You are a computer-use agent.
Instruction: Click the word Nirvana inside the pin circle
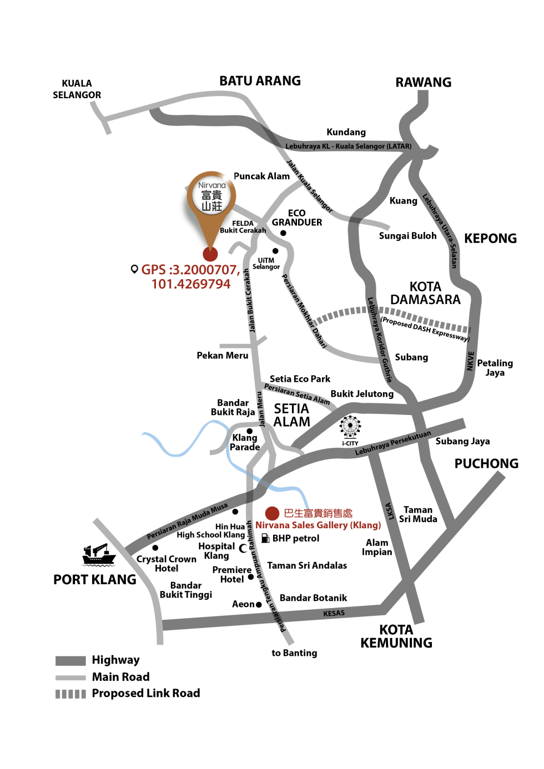click(211, 185)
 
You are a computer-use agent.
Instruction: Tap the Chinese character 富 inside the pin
click(206, 195)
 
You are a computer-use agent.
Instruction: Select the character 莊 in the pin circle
click(217, 206)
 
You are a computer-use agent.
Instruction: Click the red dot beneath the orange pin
click(210, 254)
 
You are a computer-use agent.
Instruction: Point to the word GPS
click(153, 270)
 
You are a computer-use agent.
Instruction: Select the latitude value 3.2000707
click(206, 270)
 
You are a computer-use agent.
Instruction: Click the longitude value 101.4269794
click(191, 284)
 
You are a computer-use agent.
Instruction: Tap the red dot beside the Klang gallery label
click(272, 513)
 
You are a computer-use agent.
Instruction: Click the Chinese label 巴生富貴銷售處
click(318, 513)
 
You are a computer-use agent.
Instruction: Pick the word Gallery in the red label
click(332, 525)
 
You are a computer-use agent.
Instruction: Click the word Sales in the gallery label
click(303, 525)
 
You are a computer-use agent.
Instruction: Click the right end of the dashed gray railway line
click(469, 330)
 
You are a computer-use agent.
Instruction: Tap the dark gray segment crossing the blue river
click(264, 483)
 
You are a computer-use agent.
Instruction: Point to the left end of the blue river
click(143, 434)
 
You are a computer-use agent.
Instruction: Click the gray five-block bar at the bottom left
click(70, 694)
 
